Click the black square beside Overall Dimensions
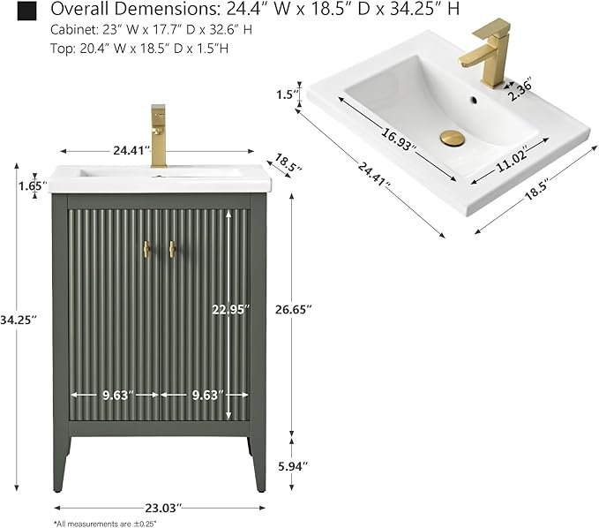[x=26, y=11]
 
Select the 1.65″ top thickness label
[x=33, y=185]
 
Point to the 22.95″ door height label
[x=231, y=309]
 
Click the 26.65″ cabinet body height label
[x=294, y=309]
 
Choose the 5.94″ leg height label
[x=293, y=466]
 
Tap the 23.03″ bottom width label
[x=162, y=508]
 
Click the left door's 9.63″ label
[x=117, y=395]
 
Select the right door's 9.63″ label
[x=207, y=395]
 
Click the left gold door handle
[x=146, y=249]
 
